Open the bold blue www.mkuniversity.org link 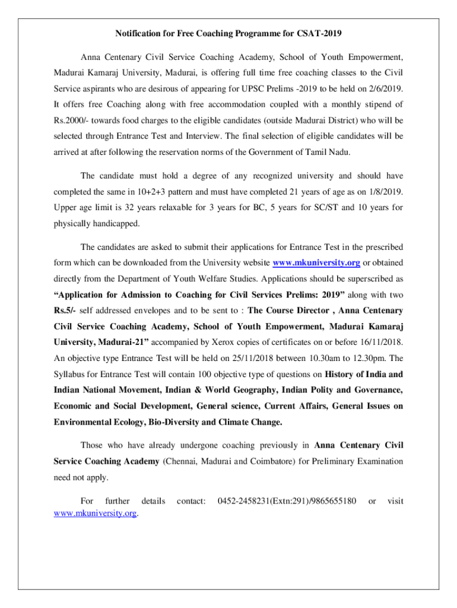pyautogui.click(x=316, y=263)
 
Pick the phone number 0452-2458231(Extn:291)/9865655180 pyautogui.click(x=287, y=502)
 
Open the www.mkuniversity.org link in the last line pyautogui.click(x=95, y=513)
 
